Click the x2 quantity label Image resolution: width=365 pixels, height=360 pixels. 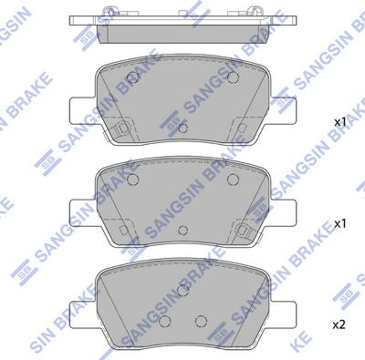[339, 325]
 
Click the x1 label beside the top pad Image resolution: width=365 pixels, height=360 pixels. [340, 122]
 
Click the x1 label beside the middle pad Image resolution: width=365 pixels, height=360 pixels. [340, 224]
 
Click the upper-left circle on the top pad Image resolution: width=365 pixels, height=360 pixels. [132, 77]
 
